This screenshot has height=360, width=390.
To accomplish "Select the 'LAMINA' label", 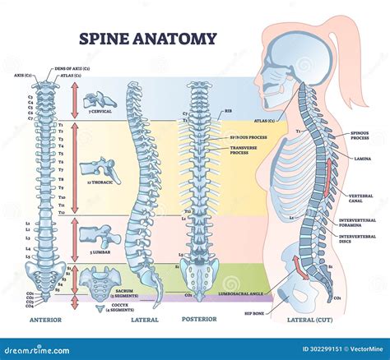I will point(363,158).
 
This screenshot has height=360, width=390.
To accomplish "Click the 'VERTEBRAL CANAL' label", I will point(360,199).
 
